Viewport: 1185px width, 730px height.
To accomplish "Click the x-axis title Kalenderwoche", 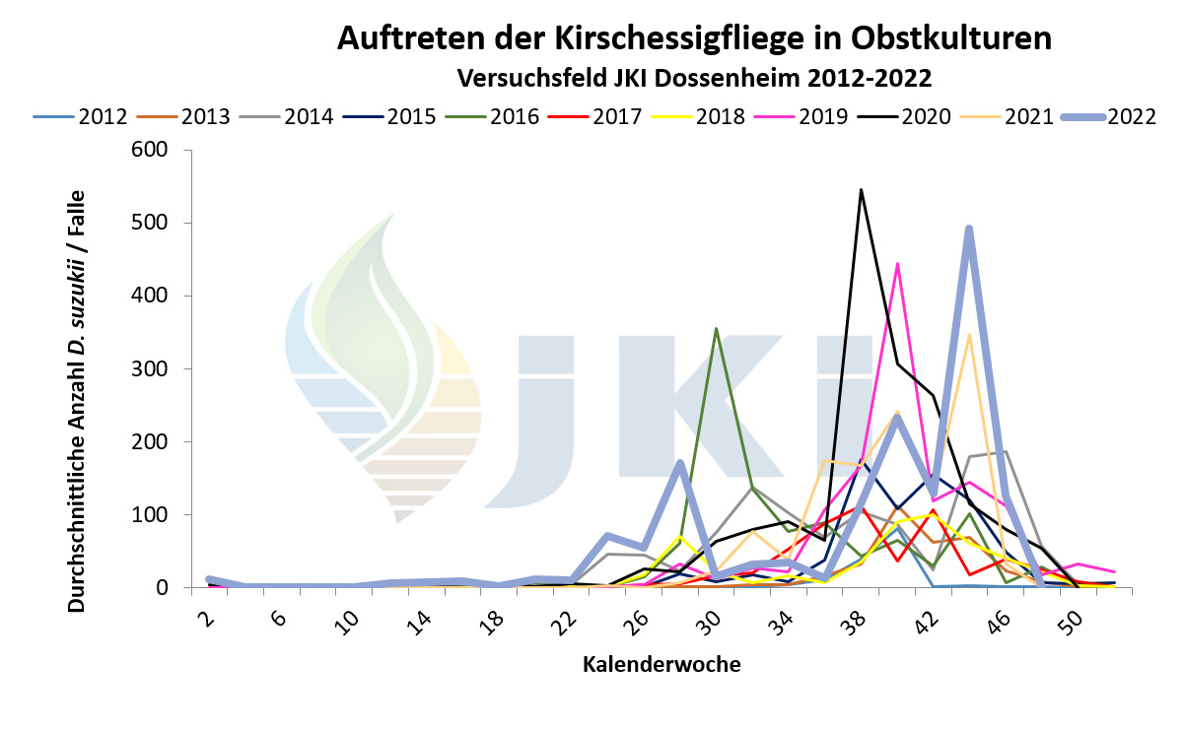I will [662, 664].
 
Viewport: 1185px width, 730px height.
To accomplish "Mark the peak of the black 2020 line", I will [861, 189].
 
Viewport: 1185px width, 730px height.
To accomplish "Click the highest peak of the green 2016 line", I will [716, 328].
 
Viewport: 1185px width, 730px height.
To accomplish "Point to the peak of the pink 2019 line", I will [897, 263].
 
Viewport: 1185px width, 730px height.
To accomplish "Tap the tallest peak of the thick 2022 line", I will [969, 229].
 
